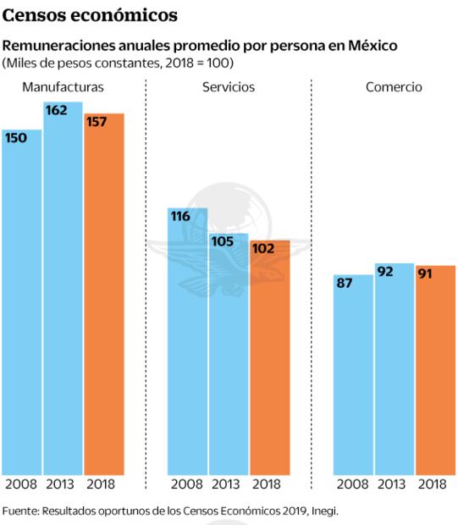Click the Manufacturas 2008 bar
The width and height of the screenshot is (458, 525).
click(x=22, y=305)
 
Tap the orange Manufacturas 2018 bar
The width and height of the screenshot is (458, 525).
click(x=104, y=296)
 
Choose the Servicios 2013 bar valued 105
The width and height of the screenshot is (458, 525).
click(x=229, y=356)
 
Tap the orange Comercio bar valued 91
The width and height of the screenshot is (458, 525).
click(x=435, y=373)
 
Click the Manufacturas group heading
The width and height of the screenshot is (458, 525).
click(x=63, y=87)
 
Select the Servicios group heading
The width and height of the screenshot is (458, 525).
click(x=229, y=87)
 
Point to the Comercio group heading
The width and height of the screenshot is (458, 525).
click(x=394, y=87)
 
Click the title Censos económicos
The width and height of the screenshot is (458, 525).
click(x=91, y=15)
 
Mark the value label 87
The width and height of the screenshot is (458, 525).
click(x=345, y=283)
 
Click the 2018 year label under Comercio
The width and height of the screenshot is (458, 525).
click(x=433, y=484)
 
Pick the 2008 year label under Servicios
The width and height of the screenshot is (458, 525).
click(x=187, y=484)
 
